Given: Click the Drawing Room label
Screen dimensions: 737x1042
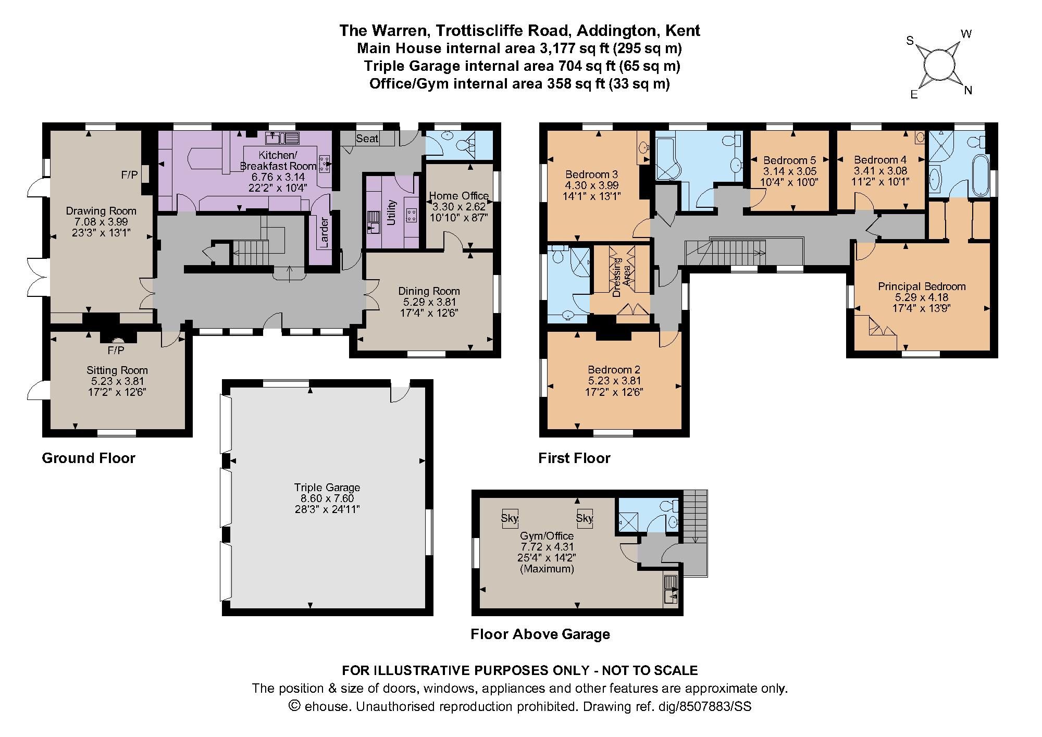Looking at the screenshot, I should coord(101,211).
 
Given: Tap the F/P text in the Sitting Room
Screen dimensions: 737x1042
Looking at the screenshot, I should coord(116,349).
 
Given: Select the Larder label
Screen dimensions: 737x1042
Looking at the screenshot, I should coord(324,229).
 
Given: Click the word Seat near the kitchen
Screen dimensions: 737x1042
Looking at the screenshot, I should coord(367,138).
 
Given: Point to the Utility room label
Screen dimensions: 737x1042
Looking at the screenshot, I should coord(391,213).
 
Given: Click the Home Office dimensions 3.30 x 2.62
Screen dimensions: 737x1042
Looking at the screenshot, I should coord(458,207).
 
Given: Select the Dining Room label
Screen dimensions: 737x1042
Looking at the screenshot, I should coord(429,291).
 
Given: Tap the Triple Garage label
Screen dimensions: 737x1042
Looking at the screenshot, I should coord(327,488).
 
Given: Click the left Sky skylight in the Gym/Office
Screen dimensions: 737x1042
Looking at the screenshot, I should coord(510,518).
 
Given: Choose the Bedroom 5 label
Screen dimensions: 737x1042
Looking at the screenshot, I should coord(789,160).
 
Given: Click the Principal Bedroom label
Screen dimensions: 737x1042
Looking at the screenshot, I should coord(922,286).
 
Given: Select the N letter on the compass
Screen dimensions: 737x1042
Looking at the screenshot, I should coord(968,91).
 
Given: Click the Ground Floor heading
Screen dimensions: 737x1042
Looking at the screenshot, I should coord(89,458).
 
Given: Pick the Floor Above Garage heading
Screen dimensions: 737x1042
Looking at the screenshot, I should coord(540,634).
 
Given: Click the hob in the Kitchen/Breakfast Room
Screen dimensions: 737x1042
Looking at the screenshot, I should coord(325,164).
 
